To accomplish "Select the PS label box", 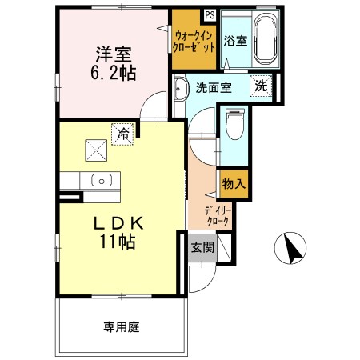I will [x=209, y=14].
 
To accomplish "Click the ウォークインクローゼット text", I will [x=194, y=41].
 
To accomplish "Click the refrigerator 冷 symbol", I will [x=122, y=134].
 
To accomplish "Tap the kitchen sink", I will [x=101, y=179].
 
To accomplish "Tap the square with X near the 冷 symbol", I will [x=97, y=149].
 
